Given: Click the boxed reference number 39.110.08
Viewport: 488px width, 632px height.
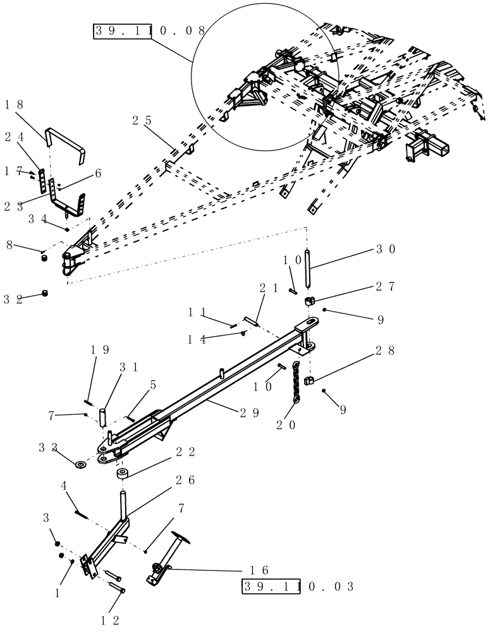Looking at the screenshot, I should pyautogui.click(x=150, y=30).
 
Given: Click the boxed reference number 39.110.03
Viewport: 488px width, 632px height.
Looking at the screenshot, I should pyautogui.click(x=298, y=587).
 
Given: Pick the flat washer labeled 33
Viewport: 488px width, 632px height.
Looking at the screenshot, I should pyautogui.click(x=81, y=466).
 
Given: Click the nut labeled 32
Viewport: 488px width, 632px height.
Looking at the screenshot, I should pyautogui.click(x=46, y=293).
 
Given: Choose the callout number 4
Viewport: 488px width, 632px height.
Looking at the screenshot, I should pyautogui.click(x=64, y=486).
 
